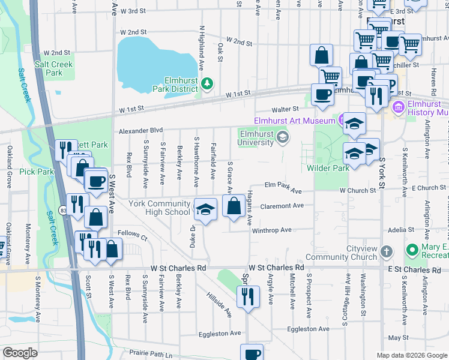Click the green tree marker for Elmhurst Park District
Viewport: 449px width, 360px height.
[207, 83]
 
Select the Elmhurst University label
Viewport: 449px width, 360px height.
[259, 139]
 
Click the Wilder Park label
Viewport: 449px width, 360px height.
[328, 169]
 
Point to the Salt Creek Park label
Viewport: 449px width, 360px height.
[54, 68]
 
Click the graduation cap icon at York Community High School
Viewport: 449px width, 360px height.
[205, 210]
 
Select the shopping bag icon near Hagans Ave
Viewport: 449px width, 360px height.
[234, 207]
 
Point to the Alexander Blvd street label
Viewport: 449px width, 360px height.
[140, 130]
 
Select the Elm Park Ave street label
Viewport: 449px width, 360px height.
[280, 187]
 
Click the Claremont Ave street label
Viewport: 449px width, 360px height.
[282, 206]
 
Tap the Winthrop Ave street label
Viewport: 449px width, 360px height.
[271, 230]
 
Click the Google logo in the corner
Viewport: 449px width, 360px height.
[20, 353]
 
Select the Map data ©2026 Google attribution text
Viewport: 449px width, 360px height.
[412, 355]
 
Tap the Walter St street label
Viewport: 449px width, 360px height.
[285, 109]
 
